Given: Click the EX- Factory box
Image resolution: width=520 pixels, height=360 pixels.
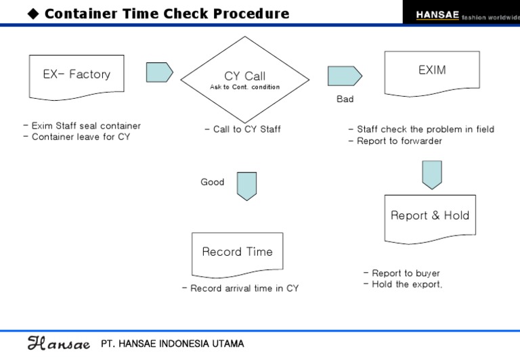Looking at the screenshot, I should pos(77,74).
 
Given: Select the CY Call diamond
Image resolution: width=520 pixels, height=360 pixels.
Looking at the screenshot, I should pos(244,80).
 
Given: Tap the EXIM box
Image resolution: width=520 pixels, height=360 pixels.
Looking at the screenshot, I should pos(432,72).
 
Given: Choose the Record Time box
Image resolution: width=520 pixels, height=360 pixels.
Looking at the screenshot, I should pos(237,252).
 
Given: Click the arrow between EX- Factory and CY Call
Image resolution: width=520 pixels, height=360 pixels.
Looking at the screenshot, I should pos(159,72).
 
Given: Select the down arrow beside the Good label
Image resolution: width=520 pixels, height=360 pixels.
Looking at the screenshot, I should pos(246,185).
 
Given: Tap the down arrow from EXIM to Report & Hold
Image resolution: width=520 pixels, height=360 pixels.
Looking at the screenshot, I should pos(432,175).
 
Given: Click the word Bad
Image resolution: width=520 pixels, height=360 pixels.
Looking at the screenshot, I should pos(345,99).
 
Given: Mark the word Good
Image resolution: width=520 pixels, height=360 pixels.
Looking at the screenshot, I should pos(212,182).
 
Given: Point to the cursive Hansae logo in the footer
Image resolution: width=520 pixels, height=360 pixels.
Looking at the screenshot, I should pos(58,344).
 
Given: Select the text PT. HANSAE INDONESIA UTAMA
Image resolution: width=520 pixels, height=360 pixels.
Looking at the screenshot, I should pos(172,344).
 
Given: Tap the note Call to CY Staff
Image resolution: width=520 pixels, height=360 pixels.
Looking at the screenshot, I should pos(242,129).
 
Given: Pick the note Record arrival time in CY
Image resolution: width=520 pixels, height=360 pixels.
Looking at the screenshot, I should pos(240,288).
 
